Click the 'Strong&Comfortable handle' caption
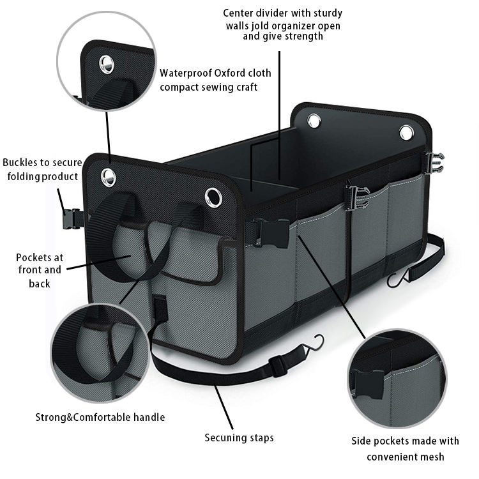coord(100,417)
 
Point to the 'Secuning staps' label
coord(239,437)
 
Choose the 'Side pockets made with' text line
coord(405,441)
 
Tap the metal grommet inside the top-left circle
coord(106,63)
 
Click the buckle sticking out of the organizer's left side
coord(73,219)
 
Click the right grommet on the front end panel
coord(214,197)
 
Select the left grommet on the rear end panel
coord(314,120)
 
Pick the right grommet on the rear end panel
coord(406,133)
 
